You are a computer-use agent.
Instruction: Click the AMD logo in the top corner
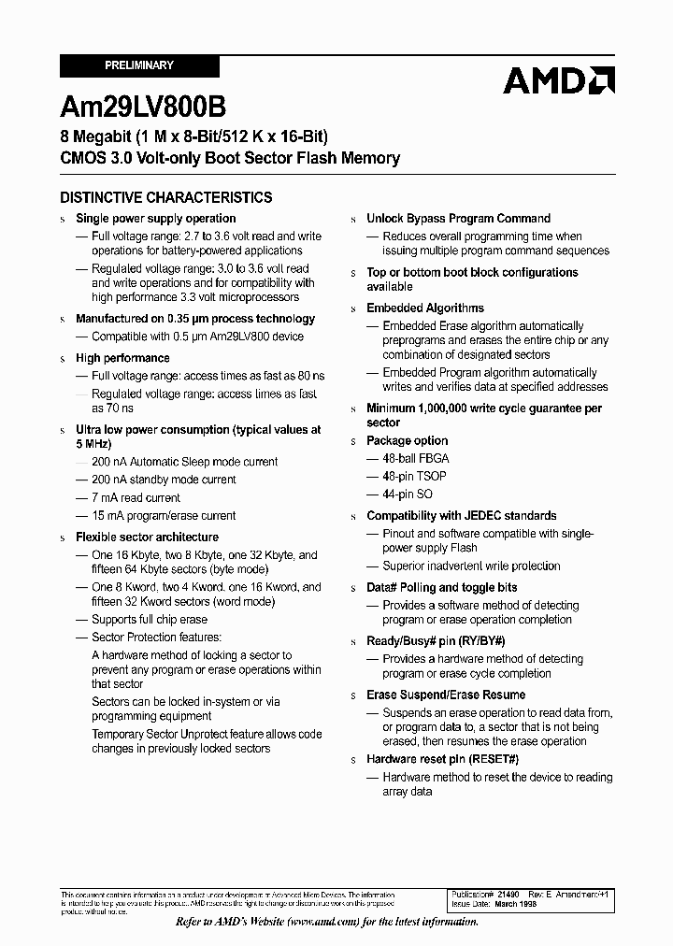coord(558,81)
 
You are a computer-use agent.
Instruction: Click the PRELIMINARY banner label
coord(139,65)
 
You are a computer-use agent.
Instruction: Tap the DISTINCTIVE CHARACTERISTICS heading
coord(166,197)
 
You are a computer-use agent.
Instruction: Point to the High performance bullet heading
coord(122,358)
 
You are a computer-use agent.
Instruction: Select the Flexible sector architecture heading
coord(147,537)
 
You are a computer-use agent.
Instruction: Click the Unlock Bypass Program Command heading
coord(458,218)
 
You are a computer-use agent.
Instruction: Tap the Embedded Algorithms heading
coord(425,308)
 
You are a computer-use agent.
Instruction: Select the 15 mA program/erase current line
coord(164,515)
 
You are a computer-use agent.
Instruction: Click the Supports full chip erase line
coord(150,619)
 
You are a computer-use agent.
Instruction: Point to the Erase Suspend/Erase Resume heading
coord(446,695)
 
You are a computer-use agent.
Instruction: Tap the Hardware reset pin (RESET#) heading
coord(442,759)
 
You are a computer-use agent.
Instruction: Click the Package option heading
coord(407,440)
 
